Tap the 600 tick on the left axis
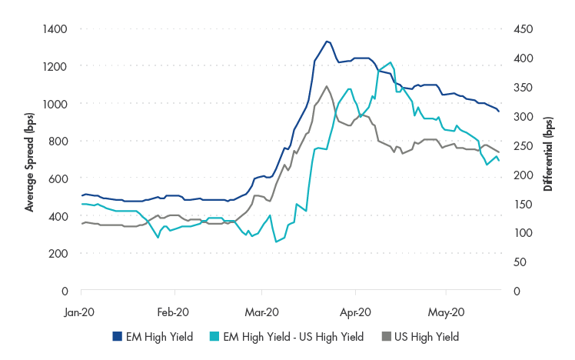[60, 178]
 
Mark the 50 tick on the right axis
[519, 262]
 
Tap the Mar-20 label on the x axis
[262, 312]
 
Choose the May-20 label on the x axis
[447, 312]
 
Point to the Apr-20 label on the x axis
[355, 312]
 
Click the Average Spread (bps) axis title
[29, 159]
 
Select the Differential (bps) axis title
[548, 159]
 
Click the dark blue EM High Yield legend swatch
[118, 336]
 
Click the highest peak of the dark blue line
[327, 41]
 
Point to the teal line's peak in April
[391, 63]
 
